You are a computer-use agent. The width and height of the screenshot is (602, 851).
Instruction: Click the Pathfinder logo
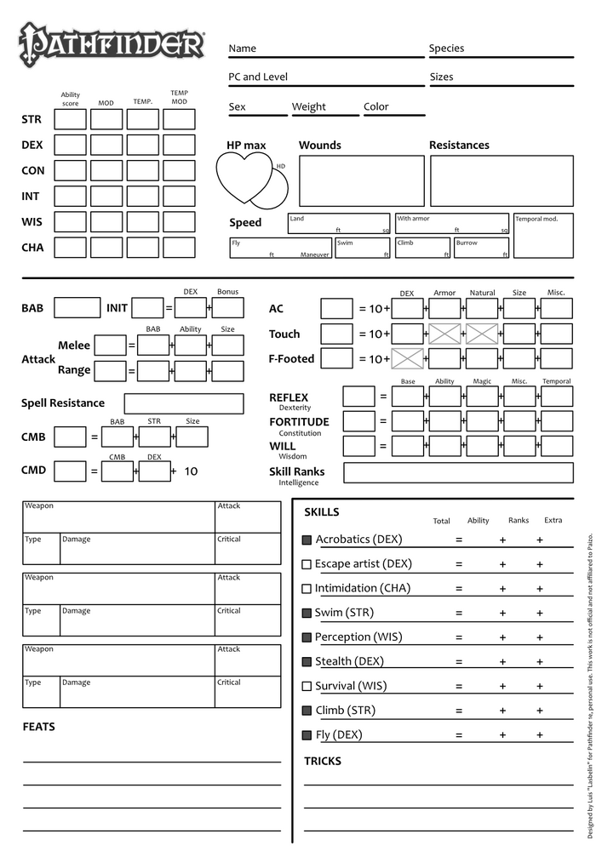[x=112, y=43]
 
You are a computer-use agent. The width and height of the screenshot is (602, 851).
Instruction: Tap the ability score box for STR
[x=71, y=120]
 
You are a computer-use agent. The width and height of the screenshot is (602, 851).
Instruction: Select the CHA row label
[x=32, y=248]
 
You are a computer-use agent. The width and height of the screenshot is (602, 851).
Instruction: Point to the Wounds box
[x=361, y=180]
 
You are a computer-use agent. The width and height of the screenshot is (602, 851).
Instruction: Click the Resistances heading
[x=459, y=146]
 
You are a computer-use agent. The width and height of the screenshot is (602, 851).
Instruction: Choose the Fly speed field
[x=279, y=248]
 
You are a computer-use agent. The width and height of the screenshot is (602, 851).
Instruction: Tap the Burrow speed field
[x=481, y=248]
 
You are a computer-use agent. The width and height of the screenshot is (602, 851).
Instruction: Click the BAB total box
[x=77, y=308]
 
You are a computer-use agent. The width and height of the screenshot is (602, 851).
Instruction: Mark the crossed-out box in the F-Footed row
[x=407, y=358]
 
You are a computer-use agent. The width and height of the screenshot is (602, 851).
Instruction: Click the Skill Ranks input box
[x=457, y=472]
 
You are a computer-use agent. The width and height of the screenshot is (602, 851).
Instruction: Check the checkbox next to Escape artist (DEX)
[x=307, y=564]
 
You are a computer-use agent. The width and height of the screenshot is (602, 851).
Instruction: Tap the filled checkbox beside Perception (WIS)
[x=307, y=637]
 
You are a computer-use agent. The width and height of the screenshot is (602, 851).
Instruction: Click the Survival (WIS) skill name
[x=350, y=686]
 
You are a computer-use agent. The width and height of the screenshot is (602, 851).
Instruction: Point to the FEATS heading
[x=38, y=727]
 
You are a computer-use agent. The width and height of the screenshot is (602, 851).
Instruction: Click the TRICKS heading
[x=323, y=761]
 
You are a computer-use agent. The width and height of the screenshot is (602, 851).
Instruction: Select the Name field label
[x=242, y=49]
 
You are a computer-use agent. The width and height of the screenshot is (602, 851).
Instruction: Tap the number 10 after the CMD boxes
[x=191, y=471]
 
